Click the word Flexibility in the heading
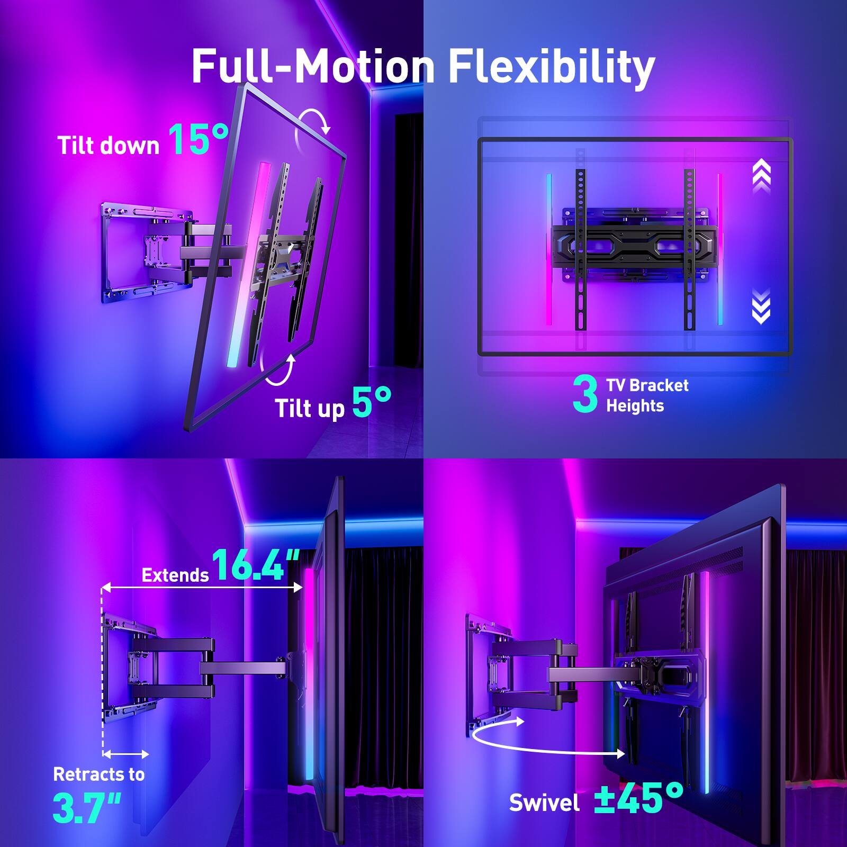coord(552,67)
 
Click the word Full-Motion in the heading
coord(313,67)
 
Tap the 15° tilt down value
coord(199,139)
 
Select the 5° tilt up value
coord(372,402)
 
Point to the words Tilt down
coord(109,146)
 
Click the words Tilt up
coord(309,409)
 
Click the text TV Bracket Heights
coord(647,395)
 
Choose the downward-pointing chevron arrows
coord(761,306)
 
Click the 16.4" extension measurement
coord(255,565)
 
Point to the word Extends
coord(175,575)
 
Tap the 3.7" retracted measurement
coord(87,808)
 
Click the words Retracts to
coord(99,774)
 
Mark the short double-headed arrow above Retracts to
coord(126,754)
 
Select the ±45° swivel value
coord(638,798)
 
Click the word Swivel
coord(544,803)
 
